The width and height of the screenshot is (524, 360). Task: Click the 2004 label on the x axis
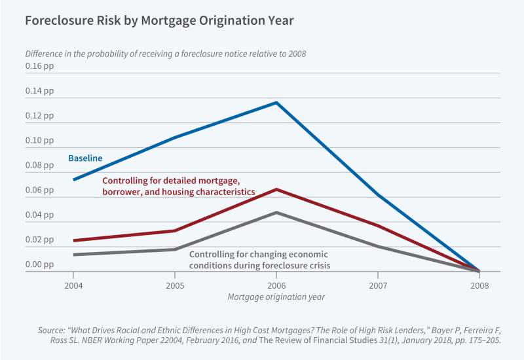pyautogui.click(x=73, y=285)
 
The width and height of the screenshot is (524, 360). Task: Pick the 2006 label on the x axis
pyautogui.click(x=276, y=285)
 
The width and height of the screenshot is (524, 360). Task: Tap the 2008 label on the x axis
pyautogui.click(x=479, y=285)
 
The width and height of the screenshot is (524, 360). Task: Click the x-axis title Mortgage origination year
pyautogui.click(x=276, y=297)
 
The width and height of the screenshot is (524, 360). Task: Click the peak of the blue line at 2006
pyautogui.click(x=276, y=103)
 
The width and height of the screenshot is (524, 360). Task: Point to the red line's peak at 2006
pyautogui.click(x=276, y=189)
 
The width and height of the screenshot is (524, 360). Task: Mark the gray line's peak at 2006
pyautogui.click(x=276, y=213)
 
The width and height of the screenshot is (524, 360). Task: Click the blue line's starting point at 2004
pyautogui.click(x=73, y=179)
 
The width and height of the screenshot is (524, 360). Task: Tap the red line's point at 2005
pyautogui.click(x=174, y=230)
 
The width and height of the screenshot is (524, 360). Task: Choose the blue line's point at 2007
pyautogui.click(x=377, y=195)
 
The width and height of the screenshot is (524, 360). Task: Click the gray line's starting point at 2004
pyautogui.click(x=73, y=255)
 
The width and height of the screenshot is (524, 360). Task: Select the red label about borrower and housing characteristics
pyautogui.click(x=178, y=186)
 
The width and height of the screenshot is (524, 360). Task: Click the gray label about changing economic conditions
pyautogui.click(x=259, y=259)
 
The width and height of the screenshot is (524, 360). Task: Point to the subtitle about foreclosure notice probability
pyautogui.click(x=165, y=53)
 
